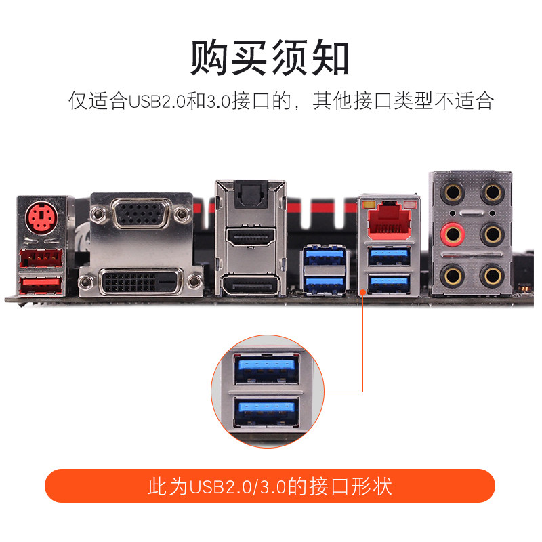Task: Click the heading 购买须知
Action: pyautogui.click(x=270, y=58)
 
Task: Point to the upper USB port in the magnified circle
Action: pyautogui.click(x=266, y=371)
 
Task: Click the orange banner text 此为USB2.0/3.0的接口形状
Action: pyautogui.click(x=270, y=486)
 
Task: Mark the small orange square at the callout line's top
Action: pyautogui.click(x=364, y=291)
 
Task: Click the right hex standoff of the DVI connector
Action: pyautogui.click(x=195, y=281)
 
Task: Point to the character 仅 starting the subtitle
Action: pyautogui.click(x=77, y=102)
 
